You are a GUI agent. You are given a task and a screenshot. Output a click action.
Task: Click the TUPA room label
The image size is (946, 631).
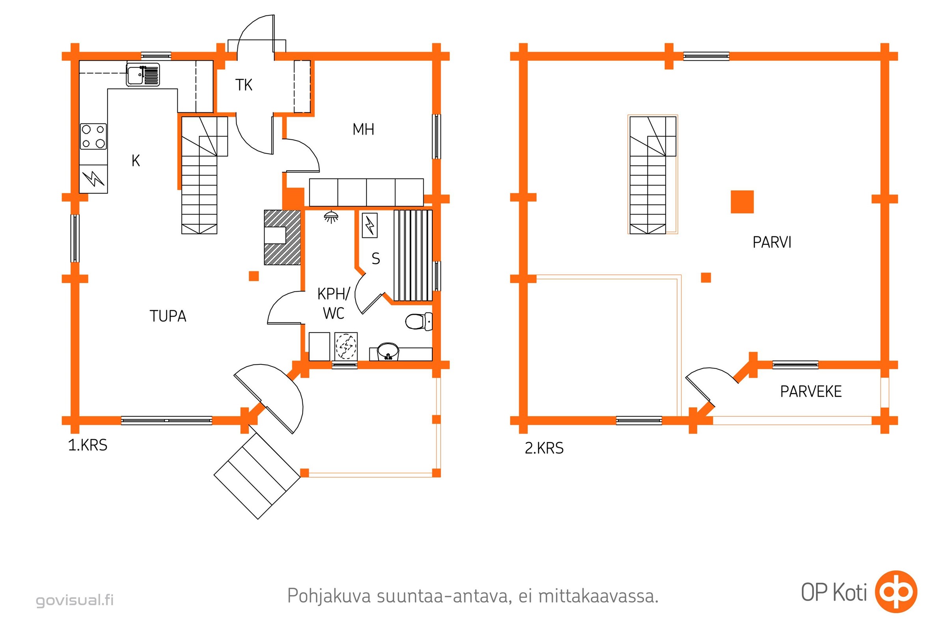[x=168, y=316]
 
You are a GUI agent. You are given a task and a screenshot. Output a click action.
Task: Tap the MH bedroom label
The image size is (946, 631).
[x=363, y=130]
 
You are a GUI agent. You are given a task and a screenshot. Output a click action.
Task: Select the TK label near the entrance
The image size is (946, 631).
[x=244, y=85]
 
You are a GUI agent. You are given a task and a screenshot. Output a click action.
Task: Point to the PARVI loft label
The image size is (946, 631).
[x=772, y=243]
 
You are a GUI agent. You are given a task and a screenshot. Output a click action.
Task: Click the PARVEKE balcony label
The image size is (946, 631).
[x=811, y=392]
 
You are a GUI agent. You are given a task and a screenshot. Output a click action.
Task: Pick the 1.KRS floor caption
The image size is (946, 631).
[x=88, y=446]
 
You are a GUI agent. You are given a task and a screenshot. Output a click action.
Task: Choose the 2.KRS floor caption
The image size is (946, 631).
[x=544, y=448]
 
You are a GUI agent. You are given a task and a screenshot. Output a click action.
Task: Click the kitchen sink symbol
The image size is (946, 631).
[x=143, y=75]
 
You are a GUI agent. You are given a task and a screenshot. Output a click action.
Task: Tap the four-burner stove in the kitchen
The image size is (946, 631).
[x=93, y=136]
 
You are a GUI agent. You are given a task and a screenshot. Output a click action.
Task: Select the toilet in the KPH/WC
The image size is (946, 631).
[x=417, y=321]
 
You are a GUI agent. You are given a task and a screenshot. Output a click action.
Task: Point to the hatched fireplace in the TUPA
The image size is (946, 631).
[x=282, y=237]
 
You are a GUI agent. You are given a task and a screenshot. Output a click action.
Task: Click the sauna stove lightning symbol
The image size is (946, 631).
[x=370, y=225]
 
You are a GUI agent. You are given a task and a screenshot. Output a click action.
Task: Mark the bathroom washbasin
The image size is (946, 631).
[x=388, y=351]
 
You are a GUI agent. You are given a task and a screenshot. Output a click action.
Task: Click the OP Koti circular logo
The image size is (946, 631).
[x=896, y=592]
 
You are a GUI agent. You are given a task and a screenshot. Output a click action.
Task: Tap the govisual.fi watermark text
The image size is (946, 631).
[x=75, y=600]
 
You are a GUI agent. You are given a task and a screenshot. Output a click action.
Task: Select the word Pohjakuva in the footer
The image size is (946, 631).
[x=329, y=596]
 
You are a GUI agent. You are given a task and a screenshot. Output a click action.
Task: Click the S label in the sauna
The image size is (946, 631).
[x=376, y=259]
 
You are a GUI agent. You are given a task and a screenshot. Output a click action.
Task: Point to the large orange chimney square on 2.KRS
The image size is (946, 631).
[x=742, y=202]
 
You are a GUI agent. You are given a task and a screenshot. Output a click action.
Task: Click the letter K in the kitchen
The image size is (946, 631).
[x=136, y=161]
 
